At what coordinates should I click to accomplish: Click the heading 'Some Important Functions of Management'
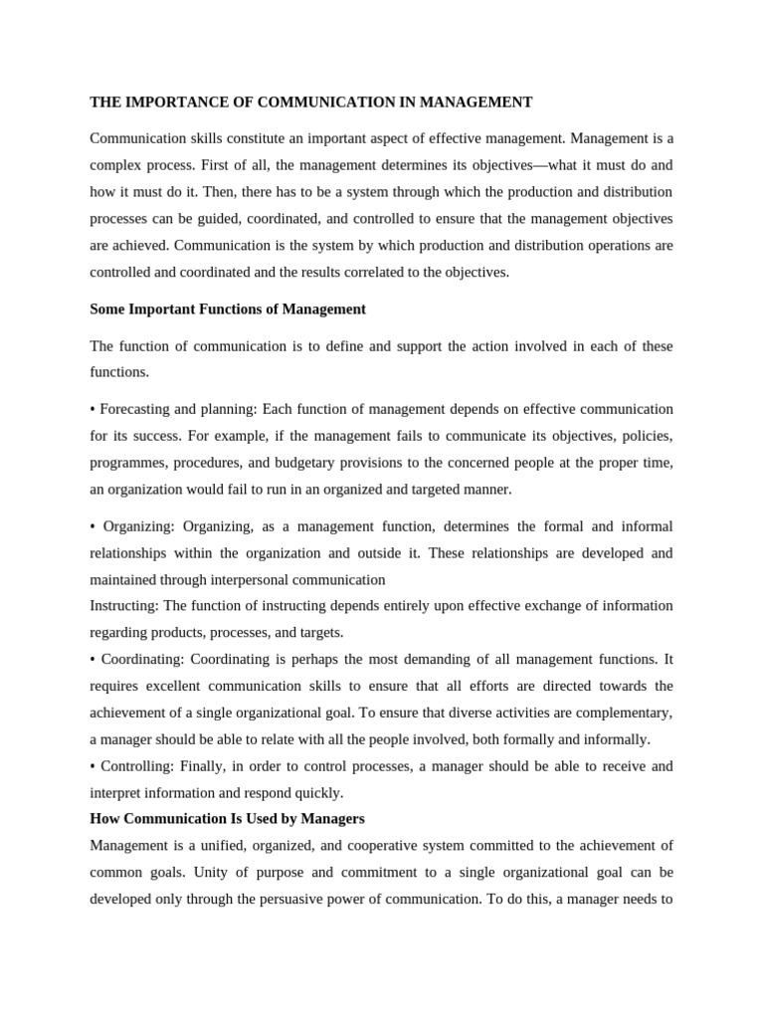point(228,309)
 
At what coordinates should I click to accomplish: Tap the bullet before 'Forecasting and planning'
point(93,410)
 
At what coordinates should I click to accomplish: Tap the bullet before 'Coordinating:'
point(93,660)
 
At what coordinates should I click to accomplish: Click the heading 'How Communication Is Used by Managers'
point(228,819)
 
